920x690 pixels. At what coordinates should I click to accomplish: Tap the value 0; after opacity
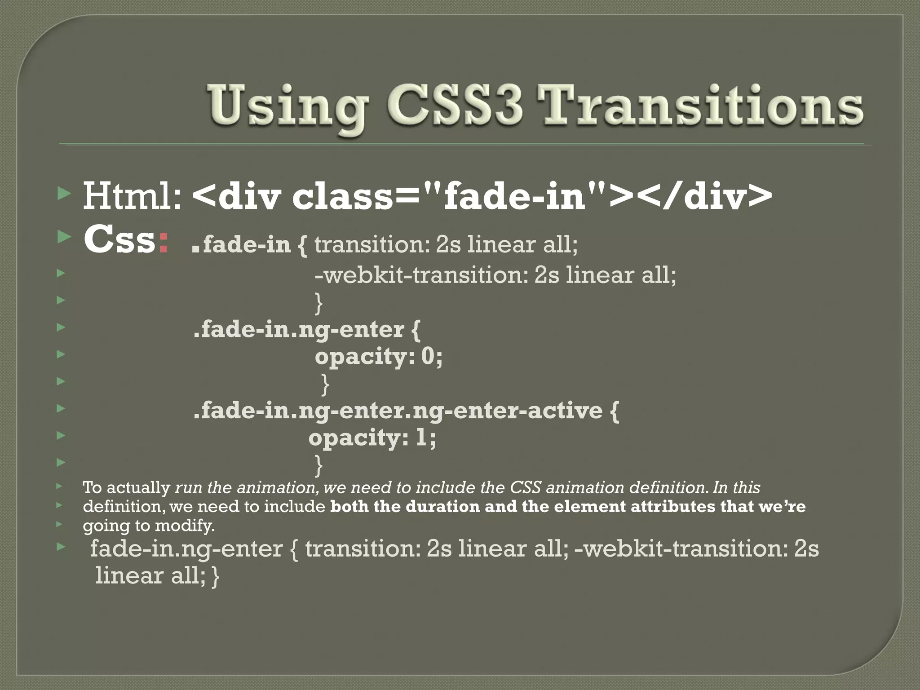[432, 357]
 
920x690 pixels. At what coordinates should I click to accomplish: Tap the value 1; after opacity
[425, 438]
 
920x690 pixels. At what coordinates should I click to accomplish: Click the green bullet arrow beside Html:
[65, 194]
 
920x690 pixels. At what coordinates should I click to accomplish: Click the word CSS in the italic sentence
[525, 488]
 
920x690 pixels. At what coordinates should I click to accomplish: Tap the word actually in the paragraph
[138, 488]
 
